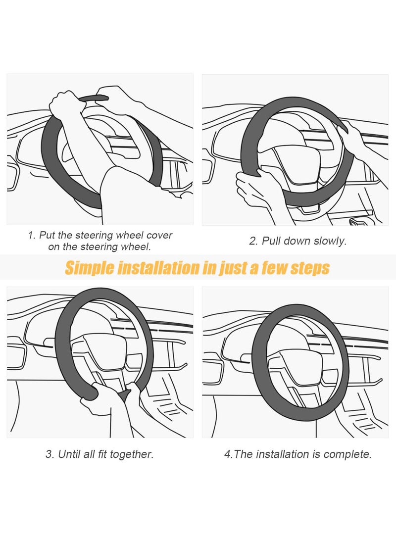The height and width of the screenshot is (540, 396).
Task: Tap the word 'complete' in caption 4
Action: click(349, 454)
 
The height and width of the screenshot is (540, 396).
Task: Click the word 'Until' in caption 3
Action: click(71, 454)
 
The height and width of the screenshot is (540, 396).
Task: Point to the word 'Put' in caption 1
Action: click(48, 235)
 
